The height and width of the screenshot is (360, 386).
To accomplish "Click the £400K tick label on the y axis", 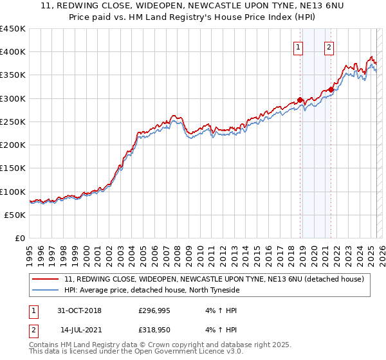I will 13,52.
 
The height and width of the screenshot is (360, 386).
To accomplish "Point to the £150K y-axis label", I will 13,168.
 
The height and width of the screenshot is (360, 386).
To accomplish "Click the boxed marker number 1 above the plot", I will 299,47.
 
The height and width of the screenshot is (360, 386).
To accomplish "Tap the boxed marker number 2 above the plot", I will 329,47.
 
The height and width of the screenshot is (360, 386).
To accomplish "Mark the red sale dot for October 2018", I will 300,100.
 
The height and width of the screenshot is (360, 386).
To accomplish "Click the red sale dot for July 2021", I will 331,89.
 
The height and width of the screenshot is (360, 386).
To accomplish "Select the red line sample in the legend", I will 46,279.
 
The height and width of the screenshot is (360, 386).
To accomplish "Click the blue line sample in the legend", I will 46,290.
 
